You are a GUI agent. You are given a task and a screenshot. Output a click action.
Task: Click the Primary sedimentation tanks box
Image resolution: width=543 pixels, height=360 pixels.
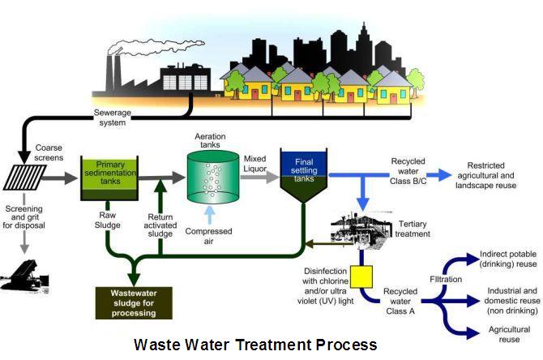tap(109, 173)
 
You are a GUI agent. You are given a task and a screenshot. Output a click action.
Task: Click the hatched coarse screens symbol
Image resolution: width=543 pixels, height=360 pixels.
tap(25, 174)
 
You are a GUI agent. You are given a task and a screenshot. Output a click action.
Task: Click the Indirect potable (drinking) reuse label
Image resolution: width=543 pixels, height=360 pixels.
tap(508, 259)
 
